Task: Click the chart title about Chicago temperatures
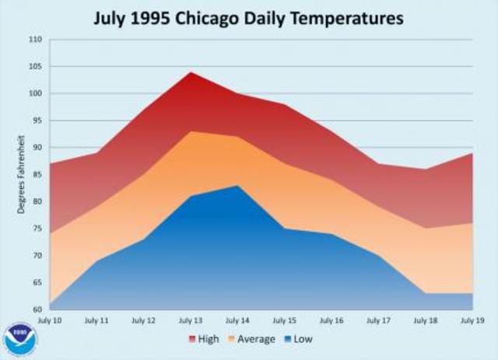[x=249, y=16]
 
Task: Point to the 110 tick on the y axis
[x=34, y=40]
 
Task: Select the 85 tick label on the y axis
[x=36, y=175]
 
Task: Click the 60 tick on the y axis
[x=36, y=309]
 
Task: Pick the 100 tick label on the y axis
[x=34, y=94]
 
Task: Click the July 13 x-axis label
[x=190, y=320]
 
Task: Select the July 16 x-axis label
[x=331, y=320]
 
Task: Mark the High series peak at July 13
[x=190, y=72]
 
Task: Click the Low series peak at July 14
[x=237, y=185]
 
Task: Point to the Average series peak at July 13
[x=190, y=131]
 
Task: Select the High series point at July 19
[x=472, y=153]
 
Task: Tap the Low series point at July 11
[x=96, y=260]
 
